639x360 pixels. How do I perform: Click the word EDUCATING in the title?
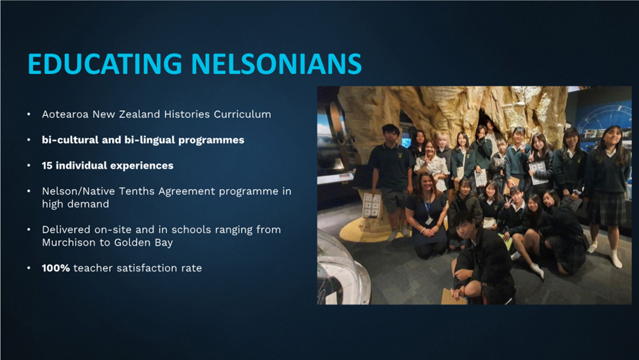(104, 64)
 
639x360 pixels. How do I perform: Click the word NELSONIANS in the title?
(276, 64)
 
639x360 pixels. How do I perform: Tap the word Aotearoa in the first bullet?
(65, 114)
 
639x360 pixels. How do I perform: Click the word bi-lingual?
(149, 140)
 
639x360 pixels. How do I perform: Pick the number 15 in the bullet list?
(47, 166)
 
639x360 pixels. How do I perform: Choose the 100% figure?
(56, 268)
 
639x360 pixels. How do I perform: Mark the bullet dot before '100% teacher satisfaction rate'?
(29, 268)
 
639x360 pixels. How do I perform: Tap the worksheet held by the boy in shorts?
(371, 205)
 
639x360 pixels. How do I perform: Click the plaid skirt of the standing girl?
(607, 208)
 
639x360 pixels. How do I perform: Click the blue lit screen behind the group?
(406, 142)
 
